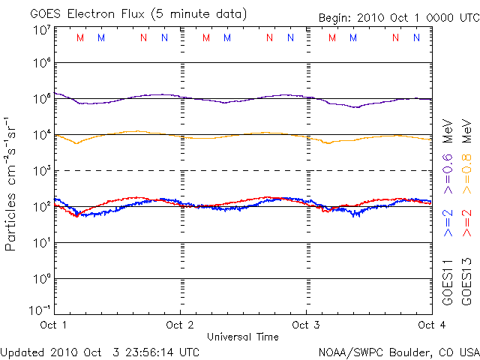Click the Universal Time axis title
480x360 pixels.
(243, 335)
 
